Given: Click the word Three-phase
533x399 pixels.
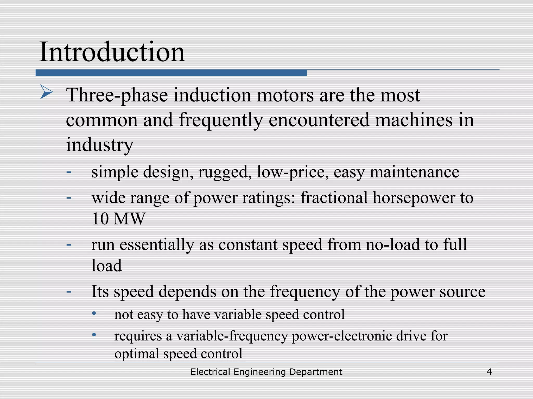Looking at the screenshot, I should tap(117, 95).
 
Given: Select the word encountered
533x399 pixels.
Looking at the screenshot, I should tap(319, 120).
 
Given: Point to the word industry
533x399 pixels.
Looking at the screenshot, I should tap(99, 145).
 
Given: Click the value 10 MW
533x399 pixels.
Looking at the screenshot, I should tap(118, 219).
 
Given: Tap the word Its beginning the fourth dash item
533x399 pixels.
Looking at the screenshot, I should tap(100, 291).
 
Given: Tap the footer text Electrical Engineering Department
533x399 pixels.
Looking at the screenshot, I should tap(266, 372).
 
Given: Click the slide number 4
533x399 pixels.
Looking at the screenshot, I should tap(489, 372).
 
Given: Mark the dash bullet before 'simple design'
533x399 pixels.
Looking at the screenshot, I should tap(69, 172).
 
